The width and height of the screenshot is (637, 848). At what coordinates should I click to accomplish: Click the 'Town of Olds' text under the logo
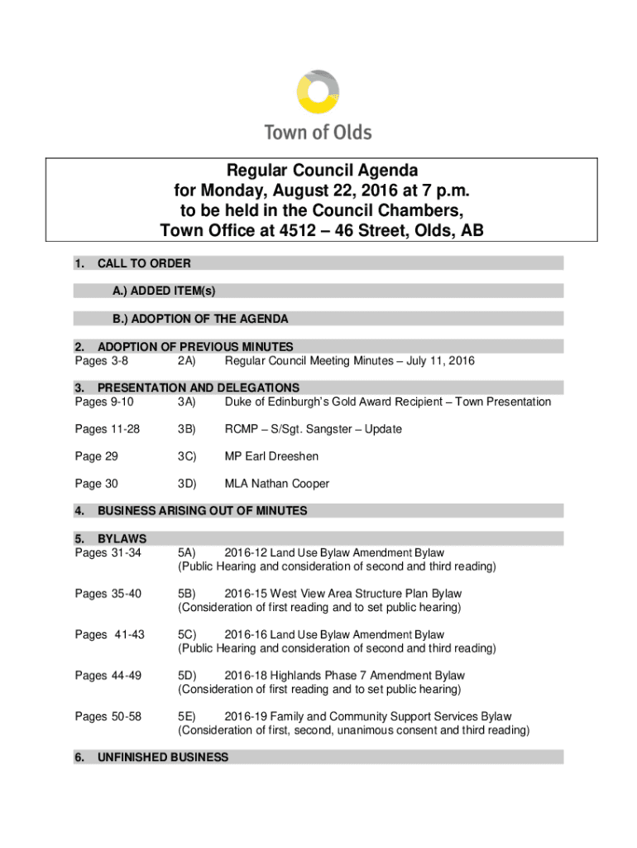318,132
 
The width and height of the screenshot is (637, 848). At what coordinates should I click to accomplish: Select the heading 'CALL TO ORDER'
144,263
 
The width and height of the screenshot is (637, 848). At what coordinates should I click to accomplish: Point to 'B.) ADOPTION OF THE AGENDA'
201,319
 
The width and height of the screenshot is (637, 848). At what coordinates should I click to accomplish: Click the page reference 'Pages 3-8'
101,361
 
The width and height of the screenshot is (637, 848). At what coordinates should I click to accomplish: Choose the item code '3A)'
185,402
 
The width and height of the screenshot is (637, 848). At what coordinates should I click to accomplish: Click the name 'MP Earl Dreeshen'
271,456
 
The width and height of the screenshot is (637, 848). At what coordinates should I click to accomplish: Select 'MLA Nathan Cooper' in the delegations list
277,484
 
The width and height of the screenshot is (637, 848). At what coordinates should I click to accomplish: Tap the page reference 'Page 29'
96,456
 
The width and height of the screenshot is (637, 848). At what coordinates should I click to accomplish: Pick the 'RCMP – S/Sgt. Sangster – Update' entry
313,429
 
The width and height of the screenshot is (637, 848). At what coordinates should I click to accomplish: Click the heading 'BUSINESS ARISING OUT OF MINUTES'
203,511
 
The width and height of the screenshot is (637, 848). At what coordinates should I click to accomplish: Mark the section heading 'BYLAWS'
122,539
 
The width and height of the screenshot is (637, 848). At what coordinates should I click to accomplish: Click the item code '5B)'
186,594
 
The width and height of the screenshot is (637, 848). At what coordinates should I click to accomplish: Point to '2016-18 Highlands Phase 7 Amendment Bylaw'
344,676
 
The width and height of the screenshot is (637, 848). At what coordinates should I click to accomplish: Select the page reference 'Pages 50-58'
108,716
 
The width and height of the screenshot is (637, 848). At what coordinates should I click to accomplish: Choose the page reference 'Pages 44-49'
108,676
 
